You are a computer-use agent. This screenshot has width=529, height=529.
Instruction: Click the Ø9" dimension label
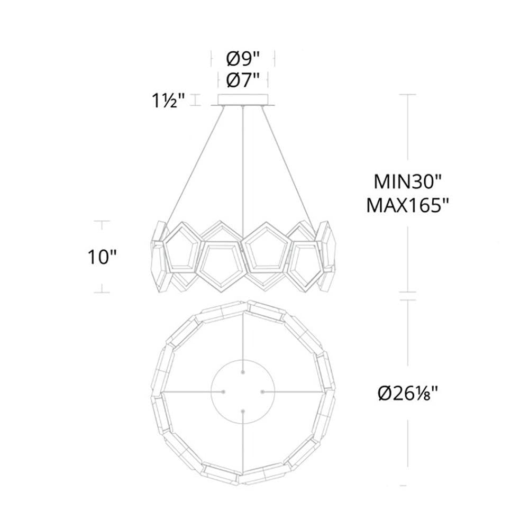pyautogui.click(x=243, y=59)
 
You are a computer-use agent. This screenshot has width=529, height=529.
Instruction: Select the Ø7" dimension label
pyautogui.click(x=243, y=80)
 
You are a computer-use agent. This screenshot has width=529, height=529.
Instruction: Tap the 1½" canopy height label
pyautogui.click(x=168, y=101)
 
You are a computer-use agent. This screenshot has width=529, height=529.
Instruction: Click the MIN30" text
pyautogui.click(x=407, y=182)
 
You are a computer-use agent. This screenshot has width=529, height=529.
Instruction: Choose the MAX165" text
pyautogui.click(x=407, y=205)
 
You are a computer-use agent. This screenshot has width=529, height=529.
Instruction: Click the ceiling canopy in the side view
pyautogui.click(x=243, y=100)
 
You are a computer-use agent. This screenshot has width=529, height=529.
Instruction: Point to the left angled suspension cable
pyautogui.click(x=195, y=165)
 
